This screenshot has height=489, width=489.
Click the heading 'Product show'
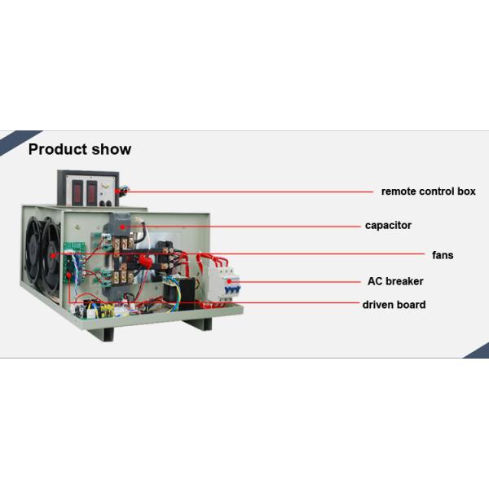pyautogui.click(x=80, y=149)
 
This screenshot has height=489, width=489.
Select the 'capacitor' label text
pyautogui.click(x=388, y=225)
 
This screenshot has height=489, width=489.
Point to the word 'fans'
pyautogui.click(x=443, y=255)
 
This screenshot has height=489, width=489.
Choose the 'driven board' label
pyautogui.click(x=394, y=305)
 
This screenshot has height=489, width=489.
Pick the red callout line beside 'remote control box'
pyautogui.click(x=244, y=192)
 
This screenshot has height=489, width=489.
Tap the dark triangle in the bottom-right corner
pyautogui.click(x=479, y=351)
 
